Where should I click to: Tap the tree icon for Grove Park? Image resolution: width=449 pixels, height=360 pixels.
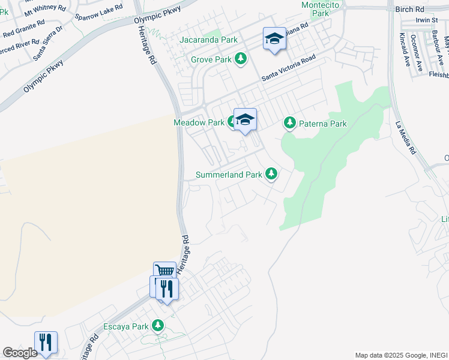click(x=241, y=59)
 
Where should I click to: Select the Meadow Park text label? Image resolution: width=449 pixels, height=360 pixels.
click(x=199, y=122)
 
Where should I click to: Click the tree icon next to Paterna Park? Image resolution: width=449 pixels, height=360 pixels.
click(x=290, y=123)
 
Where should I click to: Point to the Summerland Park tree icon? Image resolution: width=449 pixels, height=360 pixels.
click(x=271, y=174)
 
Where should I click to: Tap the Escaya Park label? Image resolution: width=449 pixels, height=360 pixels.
click(x=126, y=327)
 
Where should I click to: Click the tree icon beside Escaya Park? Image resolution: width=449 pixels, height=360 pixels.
click(x=158, y=326)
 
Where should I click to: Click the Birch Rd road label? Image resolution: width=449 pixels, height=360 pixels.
click(x=410, y=10)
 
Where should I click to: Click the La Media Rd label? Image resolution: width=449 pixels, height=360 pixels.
click(x=406, y=139)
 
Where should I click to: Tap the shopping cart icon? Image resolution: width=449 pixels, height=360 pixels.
click(x=164, y=272)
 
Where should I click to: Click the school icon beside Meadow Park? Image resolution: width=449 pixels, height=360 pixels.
click(x=245, y=119)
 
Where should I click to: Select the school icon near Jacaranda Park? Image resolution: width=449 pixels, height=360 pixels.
click(x=274, y=39)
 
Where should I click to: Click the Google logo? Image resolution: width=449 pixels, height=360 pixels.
click(x=20, y=353)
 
